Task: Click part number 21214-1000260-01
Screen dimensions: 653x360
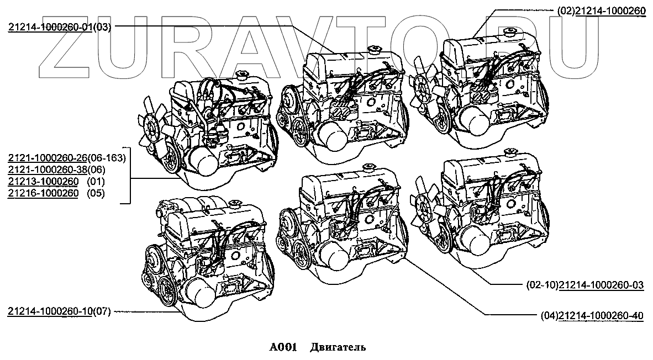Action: [x=50, y=28]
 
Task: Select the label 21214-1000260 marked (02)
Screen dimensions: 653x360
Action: [x=610, y=12]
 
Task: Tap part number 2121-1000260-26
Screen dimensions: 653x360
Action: [x=48, y=158]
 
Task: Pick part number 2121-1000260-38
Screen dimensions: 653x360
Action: [x=48, y=170]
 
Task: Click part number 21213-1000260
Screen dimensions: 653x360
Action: [x=43, y=182]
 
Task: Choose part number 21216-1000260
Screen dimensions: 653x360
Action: [x=43, y=193]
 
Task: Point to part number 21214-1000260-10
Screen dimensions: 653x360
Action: [x=50, y=311]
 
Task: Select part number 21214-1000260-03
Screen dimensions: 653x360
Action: [x=602, y=285]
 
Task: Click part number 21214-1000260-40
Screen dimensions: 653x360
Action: [x=602, y=315]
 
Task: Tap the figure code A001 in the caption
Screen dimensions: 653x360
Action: [x=282, y=347]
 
